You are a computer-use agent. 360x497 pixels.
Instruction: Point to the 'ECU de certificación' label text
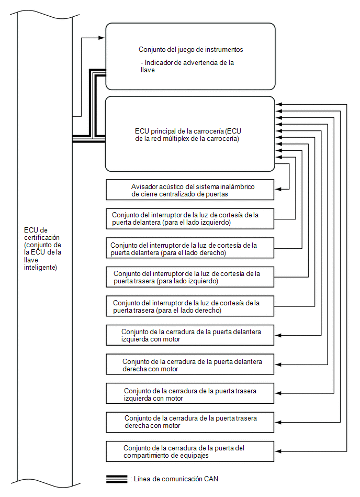pyautogui.click(x=43, y=249)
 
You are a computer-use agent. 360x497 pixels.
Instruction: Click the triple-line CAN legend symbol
pyautogui.click(x=117, y=479)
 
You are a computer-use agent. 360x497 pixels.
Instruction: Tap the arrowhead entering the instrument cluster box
pyautogui.click(x=102, y=38)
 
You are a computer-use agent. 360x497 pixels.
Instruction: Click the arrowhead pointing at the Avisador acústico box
pyautogui.click(x=278, y=189)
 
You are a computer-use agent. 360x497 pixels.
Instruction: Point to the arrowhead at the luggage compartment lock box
pyautogui.click(x=278, y=451)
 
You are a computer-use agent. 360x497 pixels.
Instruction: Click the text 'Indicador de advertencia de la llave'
pyautogui.click(x=187, y=66)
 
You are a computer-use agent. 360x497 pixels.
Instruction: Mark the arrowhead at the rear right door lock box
pyautogui.click(x=278, y=422)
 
